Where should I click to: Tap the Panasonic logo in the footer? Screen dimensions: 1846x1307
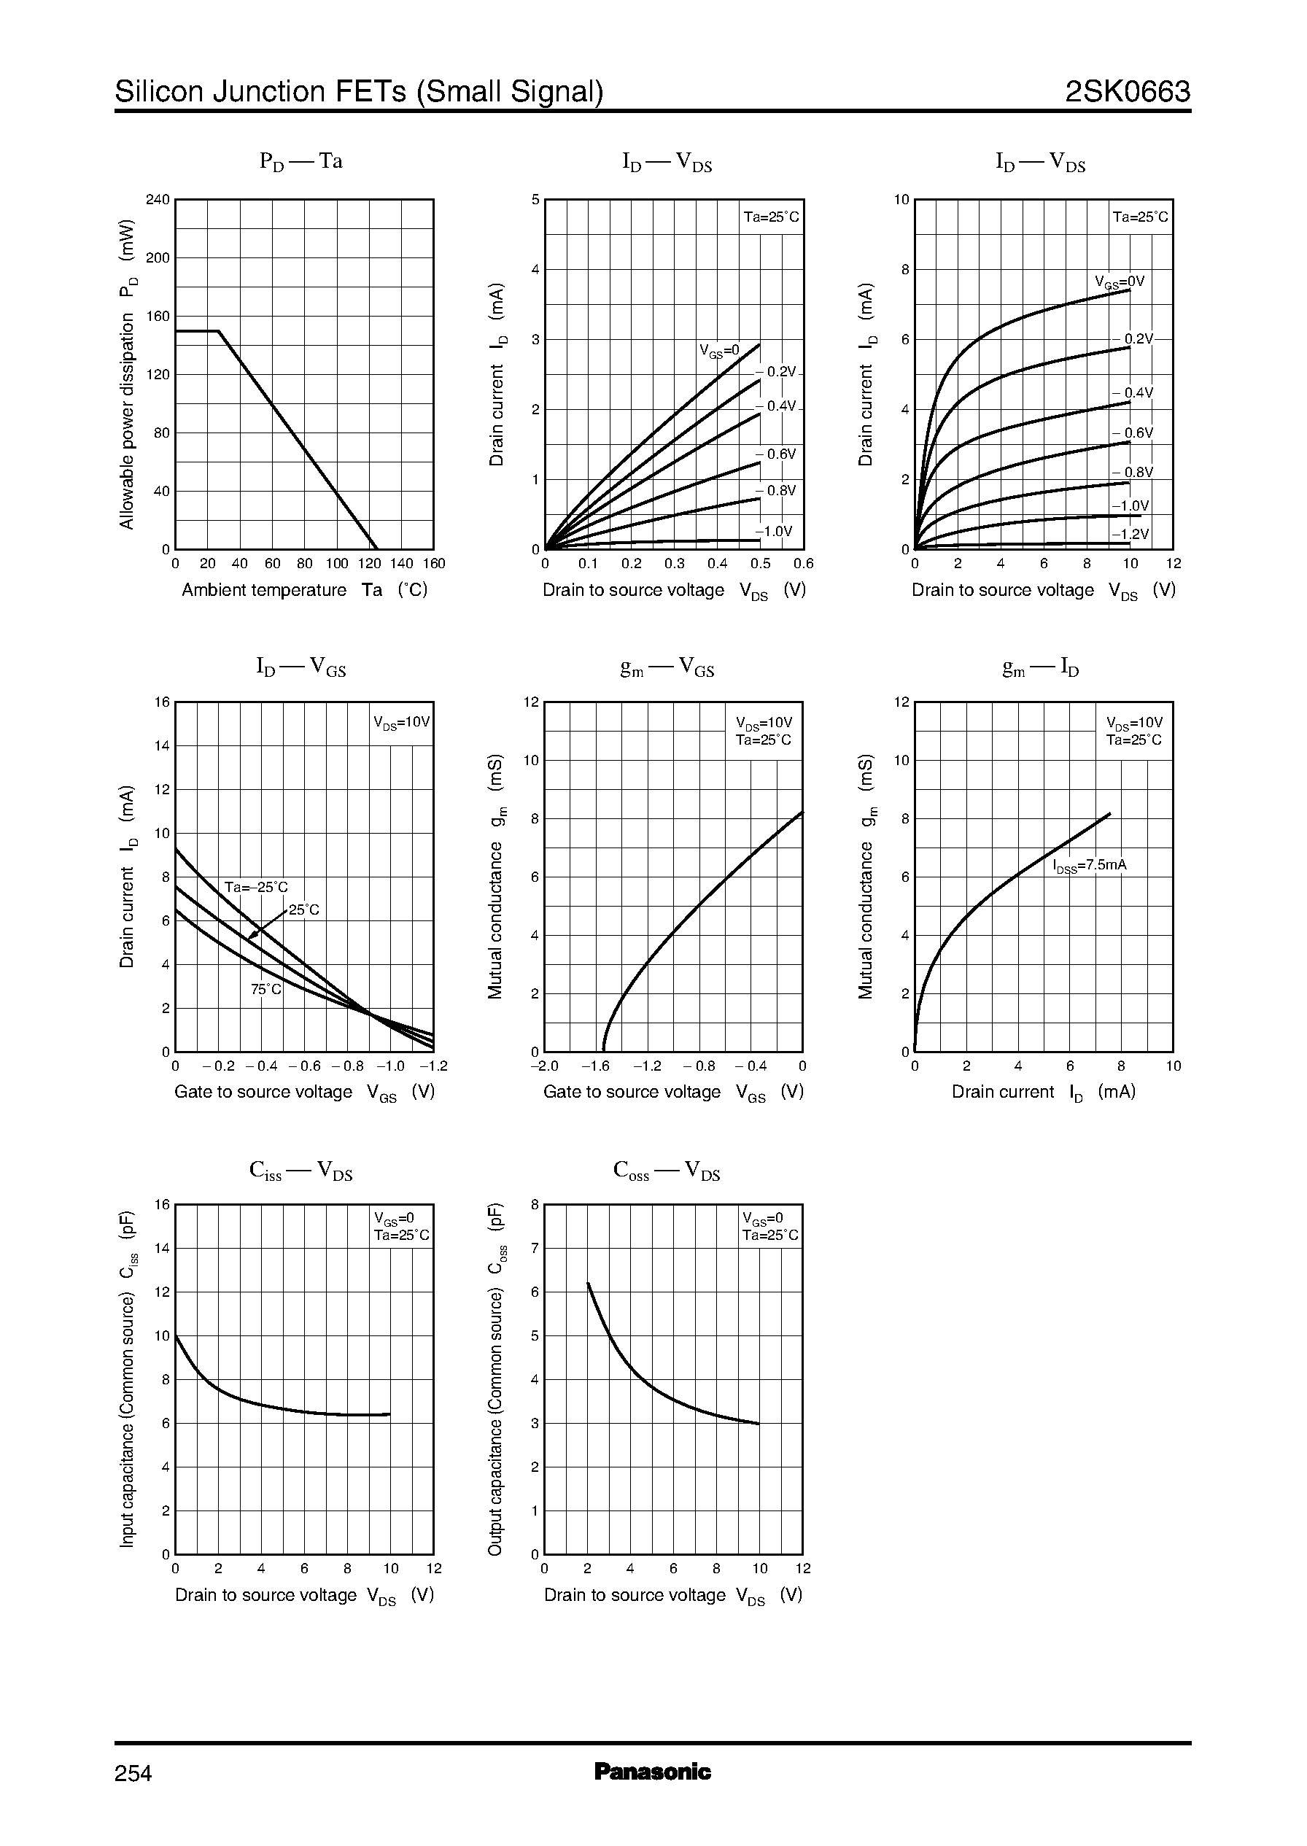point(653,1771)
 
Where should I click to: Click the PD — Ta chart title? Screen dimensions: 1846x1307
point(301,162)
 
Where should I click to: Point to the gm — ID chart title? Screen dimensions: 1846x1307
point(1041,667)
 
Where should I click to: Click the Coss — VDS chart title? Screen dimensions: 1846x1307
point(667,1171)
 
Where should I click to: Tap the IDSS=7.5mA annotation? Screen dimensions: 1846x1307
point(1090,866)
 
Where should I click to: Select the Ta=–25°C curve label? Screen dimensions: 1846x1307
point(256,888)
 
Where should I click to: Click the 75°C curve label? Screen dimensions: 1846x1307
point(265,990)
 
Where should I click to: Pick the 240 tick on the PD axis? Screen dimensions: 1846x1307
point(158,200)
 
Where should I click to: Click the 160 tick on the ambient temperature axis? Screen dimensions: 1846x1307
point(433,564)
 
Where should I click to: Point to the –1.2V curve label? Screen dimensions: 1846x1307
point(1130,535)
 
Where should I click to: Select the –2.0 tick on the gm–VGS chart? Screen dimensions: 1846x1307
point(544,1066)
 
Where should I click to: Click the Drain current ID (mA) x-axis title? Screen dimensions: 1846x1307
point(1043,1092)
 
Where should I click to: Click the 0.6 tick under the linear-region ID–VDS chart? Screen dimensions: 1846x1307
point(803,564)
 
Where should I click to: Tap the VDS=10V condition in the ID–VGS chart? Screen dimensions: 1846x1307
point(402,722)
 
